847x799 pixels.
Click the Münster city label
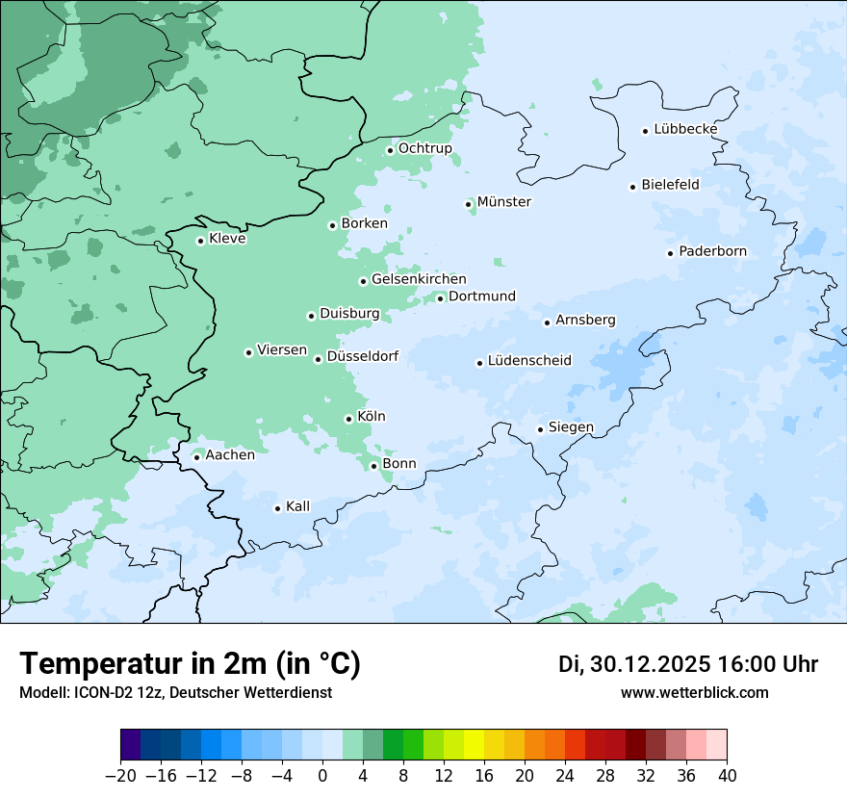503,202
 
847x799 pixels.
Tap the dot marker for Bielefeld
633,187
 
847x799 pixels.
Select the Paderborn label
712,251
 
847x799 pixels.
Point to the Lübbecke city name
685,129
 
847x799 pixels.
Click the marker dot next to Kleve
200,241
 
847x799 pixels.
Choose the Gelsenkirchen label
419,279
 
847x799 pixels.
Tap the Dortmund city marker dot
440,298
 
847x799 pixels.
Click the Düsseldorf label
362,356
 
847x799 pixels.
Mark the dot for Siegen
540,429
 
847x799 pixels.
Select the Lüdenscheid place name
529,361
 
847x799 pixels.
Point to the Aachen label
230,454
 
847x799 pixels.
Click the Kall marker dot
277,508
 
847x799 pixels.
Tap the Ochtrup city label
424,148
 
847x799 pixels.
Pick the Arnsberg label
585,320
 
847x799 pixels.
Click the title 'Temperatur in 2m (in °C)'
190,663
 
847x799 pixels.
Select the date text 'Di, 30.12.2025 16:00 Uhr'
688,664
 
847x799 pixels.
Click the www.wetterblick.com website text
694,692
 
